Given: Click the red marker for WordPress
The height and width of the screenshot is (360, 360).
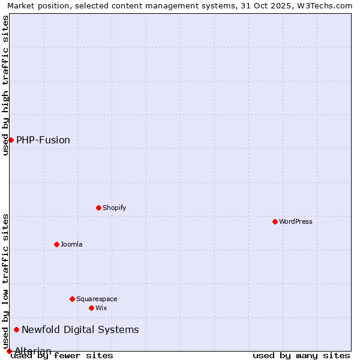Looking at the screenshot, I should (275, 221).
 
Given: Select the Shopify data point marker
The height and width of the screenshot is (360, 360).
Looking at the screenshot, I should (99, 208).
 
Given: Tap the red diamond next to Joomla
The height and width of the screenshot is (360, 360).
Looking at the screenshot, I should (57, 244).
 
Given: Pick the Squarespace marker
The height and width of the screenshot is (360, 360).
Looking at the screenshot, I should (73, 299).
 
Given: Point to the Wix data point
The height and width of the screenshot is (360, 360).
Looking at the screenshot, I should (92, 308).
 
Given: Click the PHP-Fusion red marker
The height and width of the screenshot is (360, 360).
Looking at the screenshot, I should (11, 140).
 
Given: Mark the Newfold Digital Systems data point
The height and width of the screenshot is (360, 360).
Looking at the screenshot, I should (17, 329).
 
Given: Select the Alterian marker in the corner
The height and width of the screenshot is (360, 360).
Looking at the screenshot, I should (9, 351).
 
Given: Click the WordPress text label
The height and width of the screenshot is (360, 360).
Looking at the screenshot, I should (296, 221).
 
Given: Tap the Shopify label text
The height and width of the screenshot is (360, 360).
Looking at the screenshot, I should (114, 208).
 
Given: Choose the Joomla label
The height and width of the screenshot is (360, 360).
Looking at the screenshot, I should (71, 244).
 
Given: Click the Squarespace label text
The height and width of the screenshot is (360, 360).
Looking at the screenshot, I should (97, 299).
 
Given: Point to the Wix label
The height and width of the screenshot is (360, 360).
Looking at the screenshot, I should (101, 308).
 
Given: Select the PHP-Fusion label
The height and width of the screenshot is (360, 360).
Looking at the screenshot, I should (43, 140).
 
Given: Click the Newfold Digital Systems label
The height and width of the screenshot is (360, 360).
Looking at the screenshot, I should (80, 329).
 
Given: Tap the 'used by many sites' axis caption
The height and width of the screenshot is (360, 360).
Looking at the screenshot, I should (301, 355).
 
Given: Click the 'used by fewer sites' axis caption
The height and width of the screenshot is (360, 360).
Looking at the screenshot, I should (62, 355).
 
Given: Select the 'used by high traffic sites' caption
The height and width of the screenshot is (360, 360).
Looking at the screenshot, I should (5, 85).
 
